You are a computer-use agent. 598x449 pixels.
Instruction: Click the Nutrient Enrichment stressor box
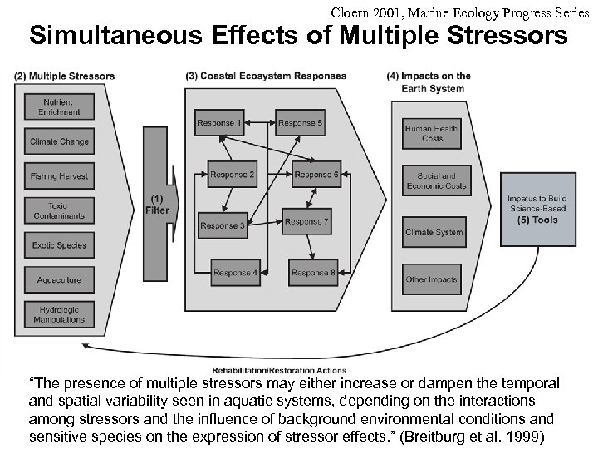point(59,106)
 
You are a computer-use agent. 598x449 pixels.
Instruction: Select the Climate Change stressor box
point(59,141)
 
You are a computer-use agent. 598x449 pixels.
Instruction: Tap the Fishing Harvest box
point(59,176)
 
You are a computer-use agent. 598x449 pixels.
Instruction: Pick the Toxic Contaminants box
point(59,210)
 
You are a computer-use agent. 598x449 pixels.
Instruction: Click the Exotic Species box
point(59,245)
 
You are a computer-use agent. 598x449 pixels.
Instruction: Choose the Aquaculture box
point(59,280)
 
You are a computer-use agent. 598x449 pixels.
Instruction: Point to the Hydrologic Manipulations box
point(59,314)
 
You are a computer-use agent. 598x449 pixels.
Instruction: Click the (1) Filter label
point(157,205)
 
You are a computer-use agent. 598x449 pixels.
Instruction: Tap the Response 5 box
point(301,124)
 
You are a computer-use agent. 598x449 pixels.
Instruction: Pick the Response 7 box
point(307,222)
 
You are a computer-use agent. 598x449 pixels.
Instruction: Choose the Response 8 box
point(313,273)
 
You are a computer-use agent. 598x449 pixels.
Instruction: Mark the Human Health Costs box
point(432,133)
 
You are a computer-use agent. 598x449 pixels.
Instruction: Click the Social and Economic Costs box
point(432,181)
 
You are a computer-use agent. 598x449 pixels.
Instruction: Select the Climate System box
point(432,232)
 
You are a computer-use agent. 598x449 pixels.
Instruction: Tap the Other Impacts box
point(432,279)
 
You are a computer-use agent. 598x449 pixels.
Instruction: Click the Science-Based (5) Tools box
point(537,210)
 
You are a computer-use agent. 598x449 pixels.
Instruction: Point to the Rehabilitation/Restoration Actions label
point(280,370)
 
